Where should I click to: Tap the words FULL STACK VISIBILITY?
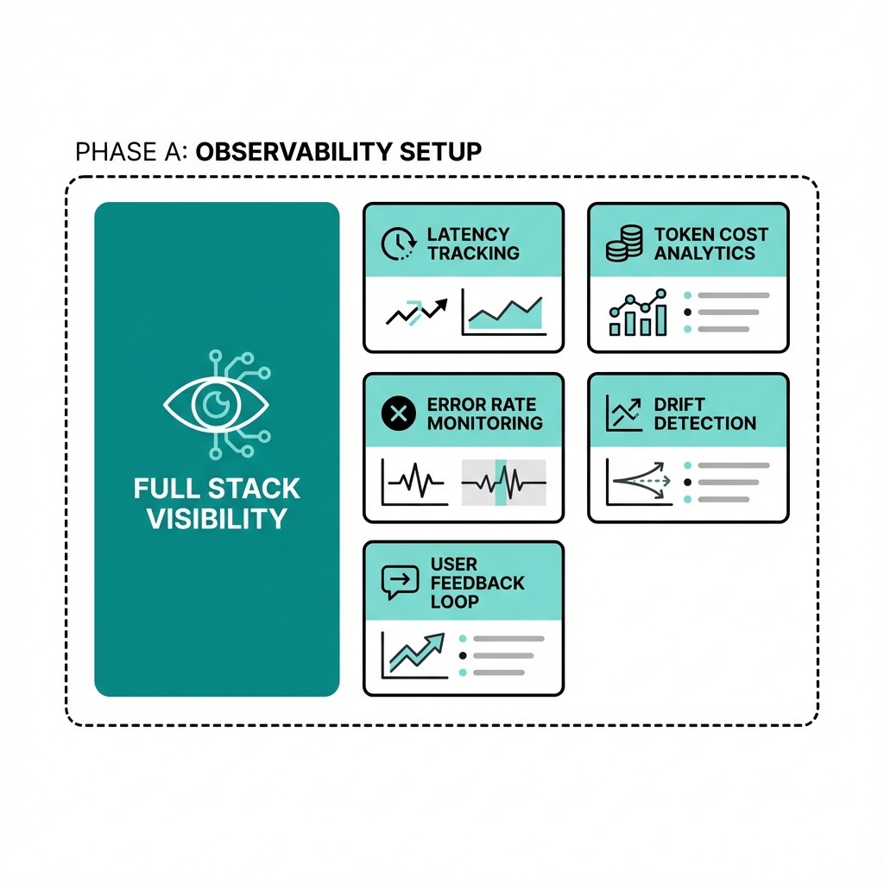pos(217,503)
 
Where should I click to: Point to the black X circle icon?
pos(399,414)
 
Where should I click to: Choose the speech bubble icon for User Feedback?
pos(400,583)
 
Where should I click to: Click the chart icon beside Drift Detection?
pos(623,413)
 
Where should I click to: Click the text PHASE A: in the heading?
pos(131,152)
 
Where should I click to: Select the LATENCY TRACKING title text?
pos(473,243)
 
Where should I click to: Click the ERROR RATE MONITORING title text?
pos(484,414)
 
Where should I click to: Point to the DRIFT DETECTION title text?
pos(704,414)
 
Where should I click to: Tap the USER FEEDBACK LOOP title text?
pos(477,583)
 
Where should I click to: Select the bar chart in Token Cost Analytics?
pos(638,313)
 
